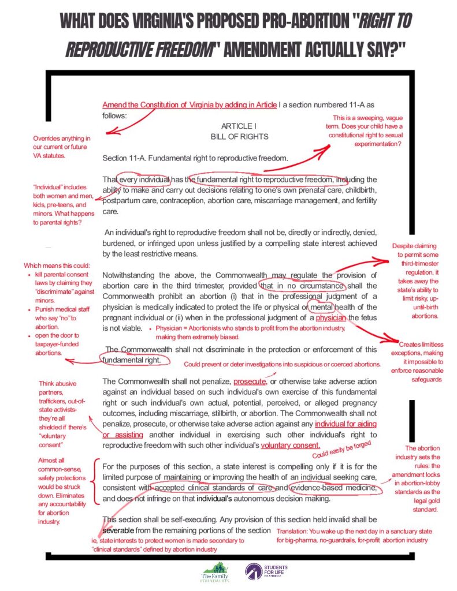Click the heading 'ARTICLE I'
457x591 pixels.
(x=239, y=126)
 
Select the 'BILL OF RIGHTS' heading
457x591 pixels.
(x=239, y=137)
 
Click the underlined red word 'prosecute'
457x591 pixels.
(x=250, y=381)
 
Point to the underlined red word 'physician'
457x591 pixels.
(x=331, y=318)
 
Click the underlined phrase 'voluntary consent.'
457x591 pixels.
(x=290, y=445)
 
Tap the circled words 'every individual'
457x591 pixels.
(x=143, y=179)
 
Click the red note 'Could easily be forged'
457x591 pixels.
(x=340, y=450)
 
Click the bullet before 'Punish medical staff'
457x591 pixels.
(x=30, y=309)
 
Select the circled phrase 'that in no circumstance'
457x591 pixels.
(x=302, y=286)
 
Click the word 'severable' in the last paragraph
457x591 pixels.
(x=120, y=529)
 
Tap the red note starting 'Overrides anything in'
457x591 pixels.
(x=62, y=147)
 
